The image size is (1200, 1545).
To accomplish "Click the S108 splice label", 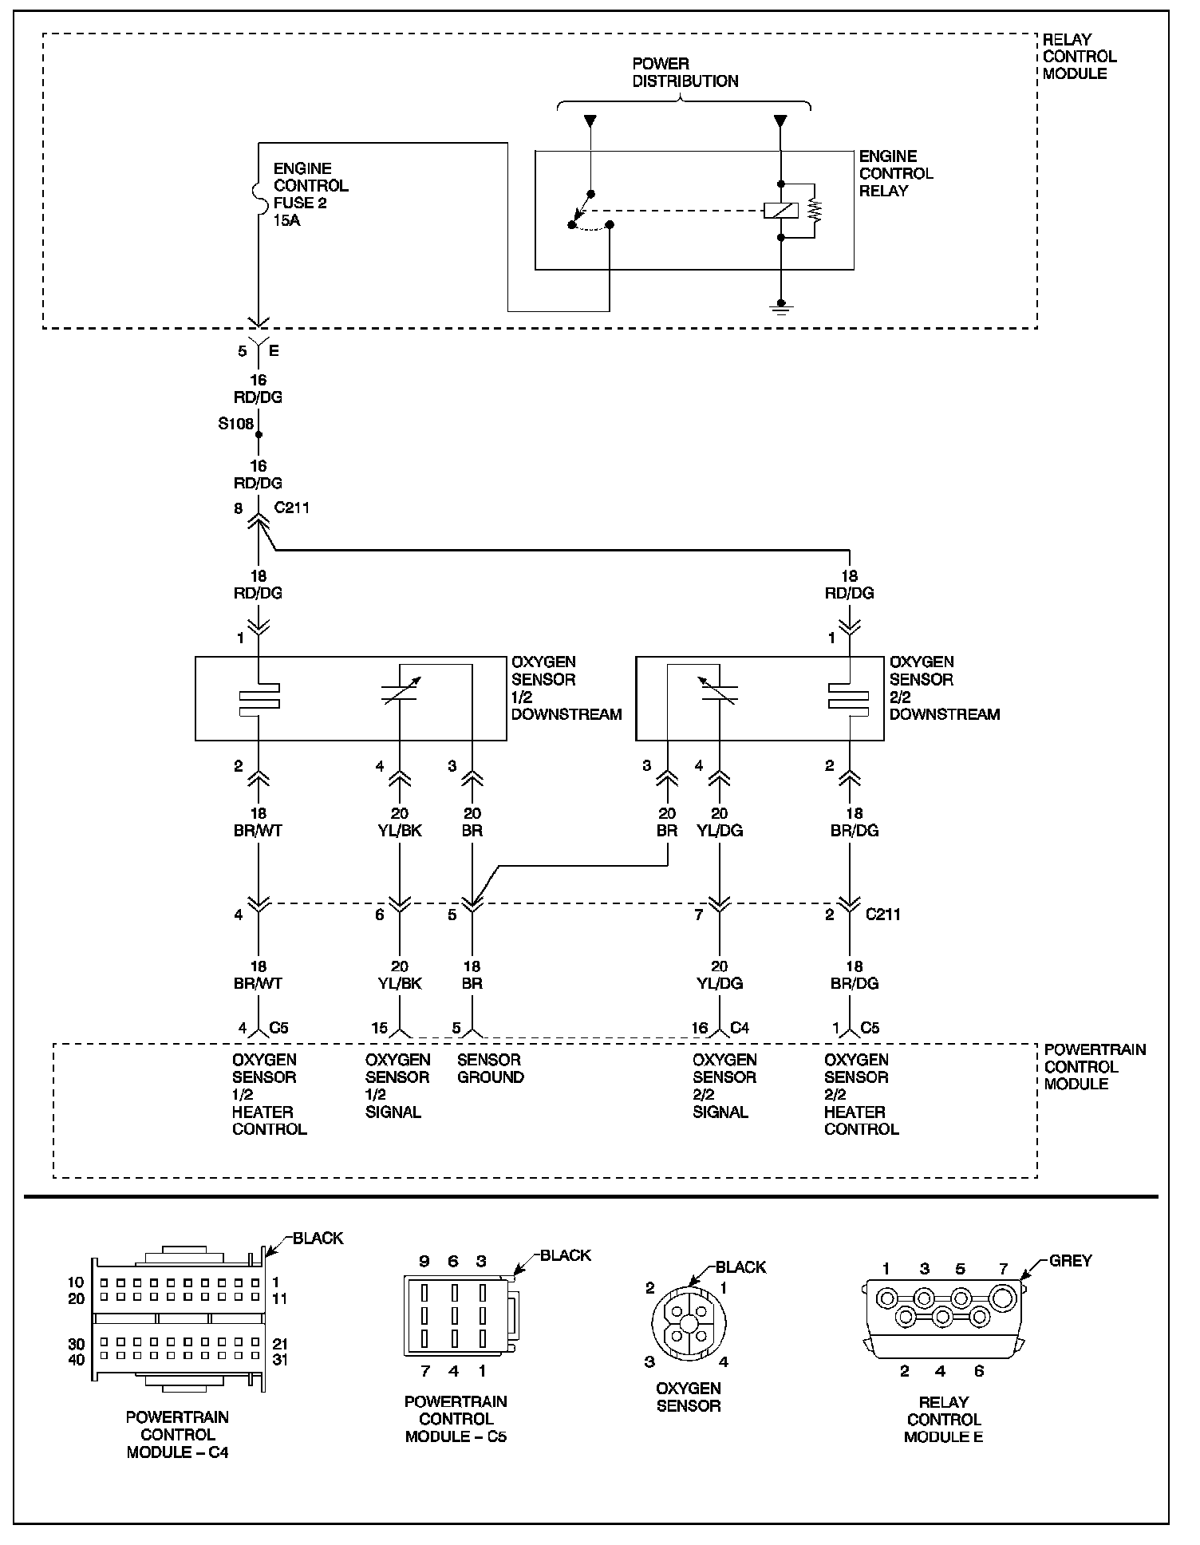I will pyautogui.click(x=235, y=424).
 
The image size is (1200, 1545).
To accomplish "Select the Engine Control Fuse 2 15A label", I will pyautogui.click(x=310, y=194).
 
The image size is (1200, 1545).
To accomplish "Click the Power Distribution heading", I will pyautogui.click(x=685, y=72).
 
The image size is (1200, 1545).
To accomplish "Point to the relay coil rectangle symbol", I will pyautogui.click(x=780, y=211).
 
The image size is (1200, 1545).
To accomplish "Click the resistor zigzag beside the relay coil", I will pyautogui.click(x=815, y=210).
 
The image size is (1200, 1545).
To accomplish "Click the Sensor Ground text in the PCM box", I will pyautogui.click(x=490, y=1068).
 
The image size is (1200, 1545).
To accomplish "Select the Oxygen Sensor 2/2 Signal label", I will pyautogui.click(x=724, y=1085).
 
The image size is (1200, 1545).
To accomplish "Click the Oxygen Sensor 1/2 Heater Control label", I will pyautogui.click(x=269, y=1094).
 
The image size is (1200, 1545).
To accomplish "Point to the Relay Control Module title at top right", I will pyautogui.click(x=1079, y=56).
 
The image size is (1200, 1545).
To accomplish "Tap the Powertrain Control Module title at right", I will pyautogui.click(x=1094, y=1066).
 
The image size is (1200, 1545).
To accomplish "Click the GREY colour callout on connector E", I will pyautogui.click(x=1070, y=1260).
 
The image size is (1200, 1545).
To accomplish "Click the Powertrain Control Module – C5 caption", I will pyautogui.click(x=456, y=1418).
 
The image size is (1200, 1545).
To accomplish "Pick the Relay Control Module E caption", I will pyautogui.click(x=943, y=1419).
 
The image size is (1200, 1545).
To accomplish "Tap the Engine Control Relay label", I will pyautogui.click(x=895, y=173).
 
